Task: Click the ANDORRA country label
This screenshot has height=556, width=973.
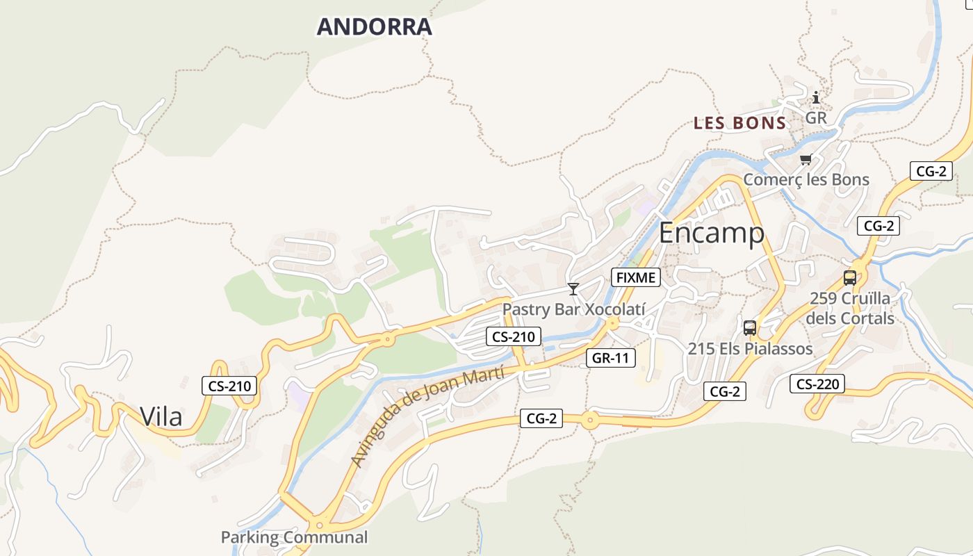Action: pyautogui.click(x=374, y=27)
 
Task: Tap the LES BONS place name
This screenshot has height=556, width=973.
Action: pyautogui.click(x=739, y=124)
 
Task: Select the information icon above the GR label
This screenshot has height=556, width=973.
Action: pyautogui.click(x=816, y=98)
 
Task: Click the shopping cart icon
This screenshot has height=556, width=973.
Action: pyautogui.click(x=806, y=161)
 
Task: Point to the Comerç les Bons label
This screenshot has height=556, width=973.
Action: pyautogui.click(x=806, y=180)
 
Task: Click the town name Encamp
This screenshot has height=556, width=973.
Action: pyautogui.click(x=712, y=233)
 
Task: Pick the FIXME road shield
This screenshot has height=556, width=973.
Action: pyautogui.click(x=635, y=278)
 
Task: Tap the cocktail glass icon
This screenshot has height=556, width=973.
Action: pyautogui.click(x=573, y=289)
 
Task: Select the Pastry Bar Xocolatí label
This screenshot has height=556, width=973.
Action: pyautogui.click(x=574, y=309)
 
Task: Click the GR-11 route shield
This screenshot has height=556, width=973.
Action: pyautogui.click(x=611, y=358)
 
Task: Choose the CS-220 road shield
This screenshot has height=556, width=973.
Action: pyautogui.click(x=817, y=383)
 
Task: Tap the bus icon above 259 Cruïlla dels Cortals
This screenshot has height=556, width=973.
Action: pyautogui.click(x=849, y=278)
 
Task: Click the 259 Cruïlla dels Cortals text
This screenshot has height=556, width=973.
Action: pyautogui.click(x=850, y=309)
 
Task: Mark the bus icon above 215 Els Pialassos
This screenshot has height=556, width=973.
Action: pyautogui.click(x=750, y=328)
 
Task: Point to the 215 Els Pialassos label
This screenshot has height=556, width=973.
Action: pyautogui.click(x=750, y=349)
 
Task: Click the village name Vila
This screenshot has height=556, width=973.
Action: pyautogui.click(x=161, y=416)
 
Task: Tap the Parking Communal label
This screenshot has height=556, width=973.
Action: pyautogui.click(x=294, y=537)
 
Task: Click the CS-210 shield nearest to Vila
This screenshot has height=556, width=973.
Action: pyautogui.click(x=229, y=386)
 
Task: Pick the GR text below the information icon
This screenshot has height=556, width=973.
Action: pyautogui.click(x=816, y=118)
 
